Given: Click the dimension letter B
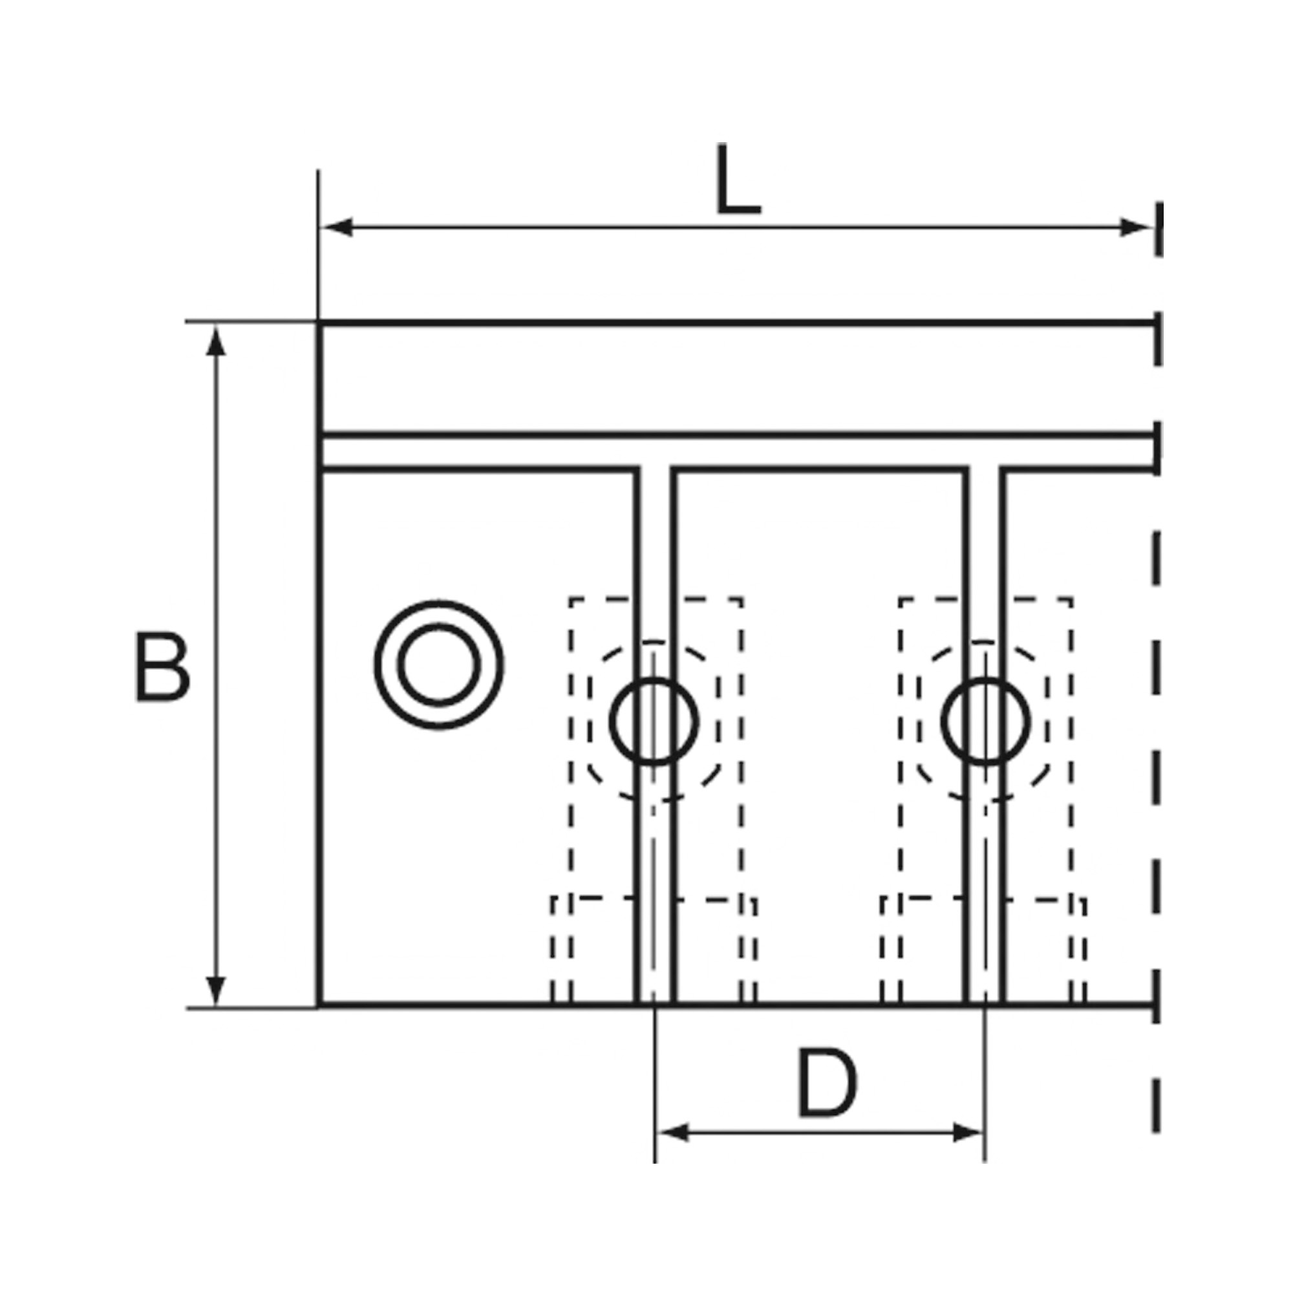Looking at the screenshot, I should pos(163,667).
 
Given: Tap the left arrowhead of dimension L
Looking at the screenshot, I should pos(336,228).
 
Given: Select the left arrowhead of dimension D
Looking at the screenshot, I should pos(672,1133).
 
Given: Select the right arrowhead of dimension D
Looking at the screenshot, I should pos(968,1133).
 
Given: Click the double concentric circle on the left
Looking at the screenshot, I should pos(439,665).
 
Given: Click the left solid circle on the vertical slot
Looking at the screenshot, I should pos(654,721).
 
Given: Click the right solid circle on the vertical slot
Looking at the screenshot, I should pos(986,721).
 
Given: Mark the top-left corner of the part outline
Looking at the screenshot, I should pos(319,323).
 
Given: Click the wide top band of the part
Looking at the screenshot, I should pos(736,379).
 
